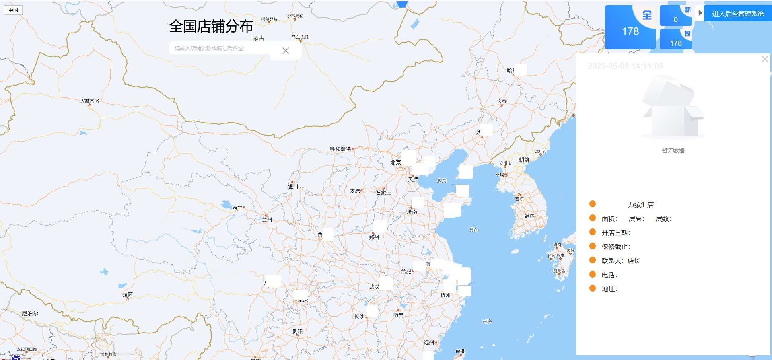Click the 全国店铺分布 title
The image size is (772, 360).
click(x=211, y=27)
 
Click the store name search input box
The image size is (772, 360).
click(x=219, y=49)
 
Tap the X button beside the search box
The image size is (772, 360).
click(x=286, y=51)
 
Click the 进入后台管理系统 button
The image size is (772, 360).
click(x=738, y=14)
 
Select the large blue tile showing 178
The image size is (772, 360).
click(x=630, y=31)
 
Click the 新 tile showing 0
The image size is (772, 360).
click(x=675, y=16)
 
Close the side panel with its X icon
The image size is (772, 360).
click(x=765, y=60)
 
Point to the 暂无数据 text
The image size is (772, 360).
click(x=673, y=151)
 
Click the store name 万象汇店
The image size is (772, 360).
click(x=640, y=205)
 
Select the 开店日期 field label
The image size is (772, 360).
click(x=616, y=233)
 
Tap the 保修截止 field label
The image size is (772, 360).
click(x=616, y=247)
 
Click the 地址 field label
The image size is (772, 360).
click(x=609, y=289)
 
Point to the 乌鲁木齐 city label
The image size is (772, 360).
click(x=89, y=101)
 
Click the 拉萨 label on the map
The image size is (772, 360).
click(x=128, y=295)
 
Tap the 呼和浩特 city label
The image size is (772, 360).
click(x=340, y=149)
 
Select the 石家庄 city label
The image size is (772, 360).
click(x=383, y=193)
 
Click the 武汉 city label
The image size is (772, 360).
click(x=374, y=287)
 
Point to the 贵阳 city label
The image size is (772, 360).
click(x=297, y=331)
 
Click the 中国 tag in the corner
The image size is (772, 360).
click(x=13, y=10)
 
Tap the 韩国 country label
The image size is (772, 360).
click(x=530, y=216)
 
